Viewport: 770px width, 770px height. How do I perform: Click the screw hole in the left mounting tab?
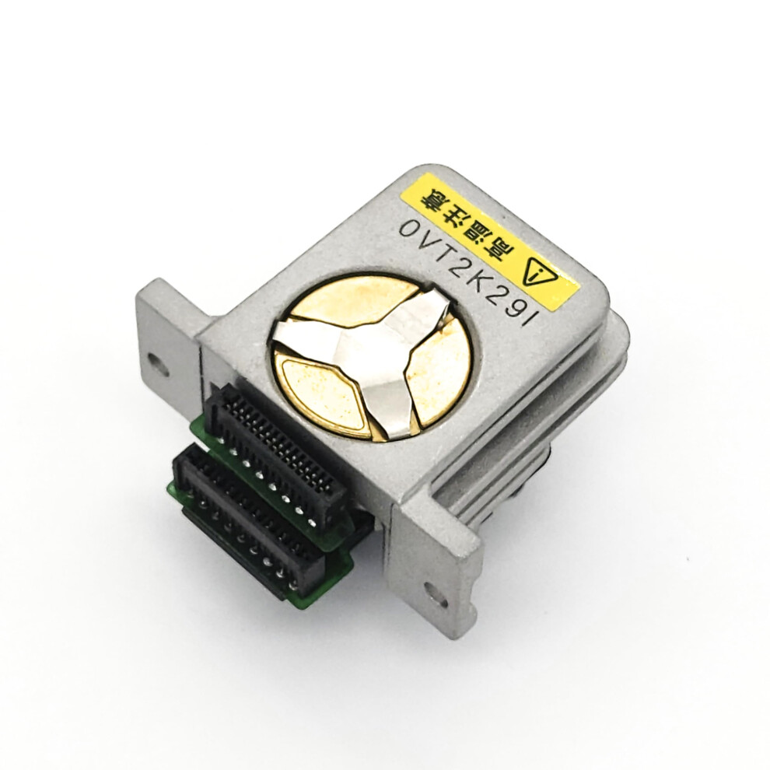[159, 364]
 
